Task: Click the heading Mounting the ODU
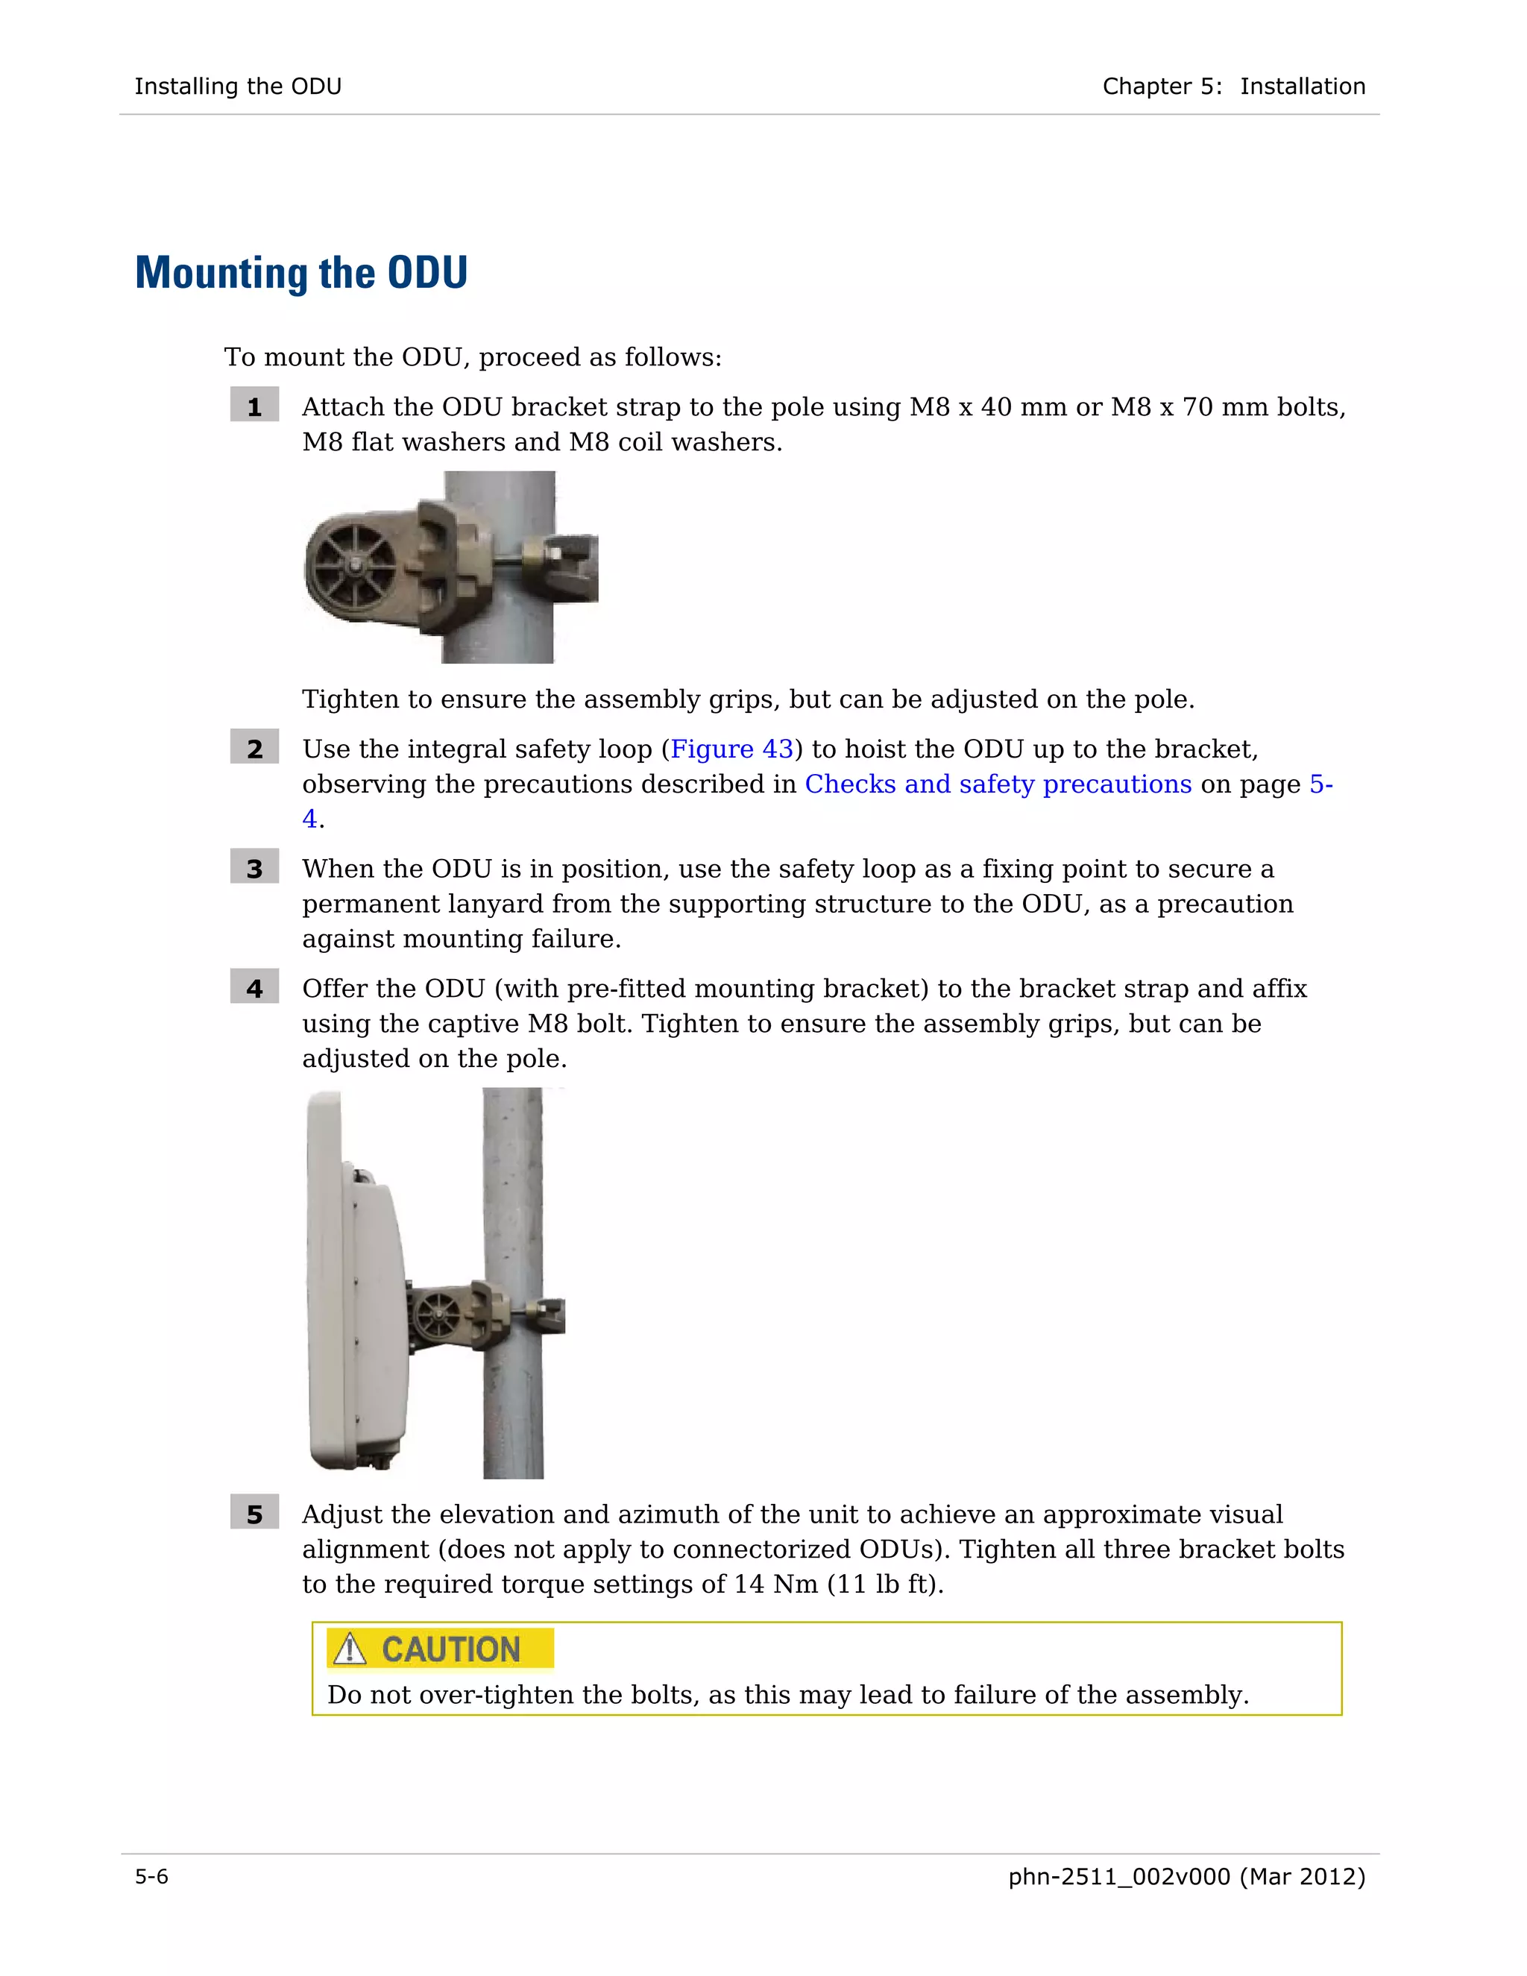point(301,273)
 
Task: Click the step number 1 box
point(254,407)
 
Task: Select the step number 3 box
point(254,869)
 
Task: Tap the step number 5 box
point(254,1514)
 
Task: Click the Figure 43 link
point(731,749)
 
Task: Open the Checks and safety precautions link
point(998,784)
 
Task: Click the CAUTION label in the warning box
point(450,1649)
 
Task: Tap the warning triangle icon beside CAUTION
point(349,1649)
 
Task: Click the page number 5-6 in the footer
point(152,1877)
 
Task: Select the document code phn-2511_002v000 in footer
point(1118,1877)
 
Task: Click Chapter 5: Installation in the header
point(1233,86)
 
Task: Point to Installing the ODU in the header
point(238,86)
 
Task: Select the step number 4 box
point(254,988)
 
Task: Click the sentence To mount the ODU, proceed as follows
point(472,357)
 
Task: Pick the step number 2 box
point(254,749)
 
